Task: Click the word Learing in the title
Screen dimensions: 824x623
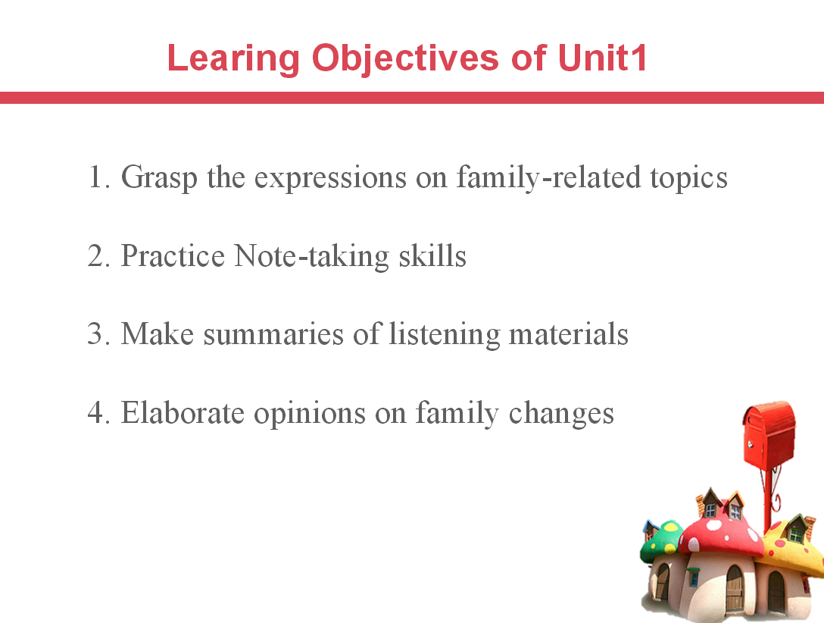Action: click(x=233, y=58)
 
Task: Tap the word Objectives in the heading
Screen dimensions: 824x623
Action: click(x=405, y=58)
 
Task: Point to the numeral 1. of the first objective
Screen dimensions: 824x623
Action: click(x=99, y=177)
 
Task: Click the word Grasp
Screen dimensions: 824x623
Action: click(x=159, y=177)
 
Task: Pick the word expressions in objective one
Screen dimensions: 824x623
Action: click(x=330, y=177)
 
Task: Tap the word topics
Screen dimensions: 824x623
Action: click(x=688, y=177)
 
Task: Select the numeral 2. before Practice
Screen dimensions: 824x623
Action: click(x=98, y=255)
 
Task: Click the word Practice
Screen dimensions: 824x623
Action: click(x=173, y=255)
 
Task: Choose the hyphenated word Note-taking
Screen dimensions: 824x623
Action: click(x=311, y=257)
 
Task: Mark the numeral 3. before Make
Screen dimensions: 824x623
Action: click(x=98, y=333)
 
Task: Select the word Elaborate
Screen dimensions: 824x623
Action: click(x=183, y=413)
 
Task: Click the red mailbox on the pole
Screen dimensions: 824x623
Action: click(x=769, y=433)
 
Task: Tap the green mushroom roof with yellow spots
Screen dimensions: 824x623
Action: click(x=661, y=540)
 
